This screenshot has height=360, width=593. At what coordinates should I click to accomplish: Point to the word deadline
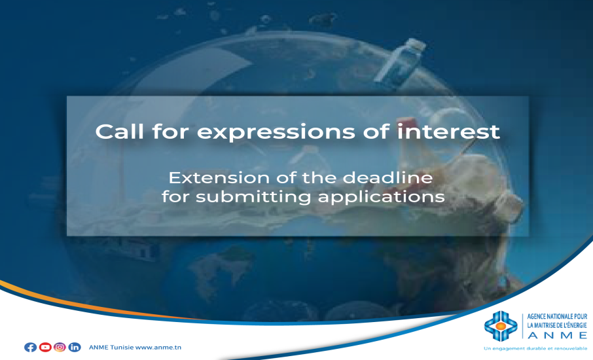tap(393, 177)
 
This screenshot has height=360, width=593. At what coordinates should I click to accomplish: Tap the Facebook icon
tap(30, 347)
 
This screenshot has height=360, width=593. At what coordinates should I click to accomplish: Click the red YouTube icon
tap(45, 347)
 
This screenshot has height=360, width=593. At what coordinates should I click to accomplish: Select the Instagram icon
tap(60, 347)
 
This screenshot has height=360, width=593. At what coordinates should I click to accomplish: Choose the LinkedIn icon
tap(75, 347)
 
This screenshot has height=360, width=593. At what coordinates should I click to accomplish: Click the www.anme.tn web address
tap(158, 347)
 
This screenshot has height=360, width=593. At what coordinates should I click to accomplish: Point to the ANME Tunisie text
tap(111, 347)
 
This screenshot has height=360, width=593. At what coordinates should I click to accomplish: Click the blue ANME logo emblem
tap(501, 325)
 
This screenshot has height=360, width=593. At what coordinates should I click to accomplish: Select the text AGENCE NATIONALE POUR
tap(557, 316)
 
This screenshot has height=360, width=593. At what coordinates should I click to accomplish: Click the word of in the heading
tap(379, 131)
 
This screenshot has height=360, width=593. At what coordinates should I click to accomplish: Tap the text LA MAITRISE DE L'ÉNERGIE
tap(557, 323)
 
